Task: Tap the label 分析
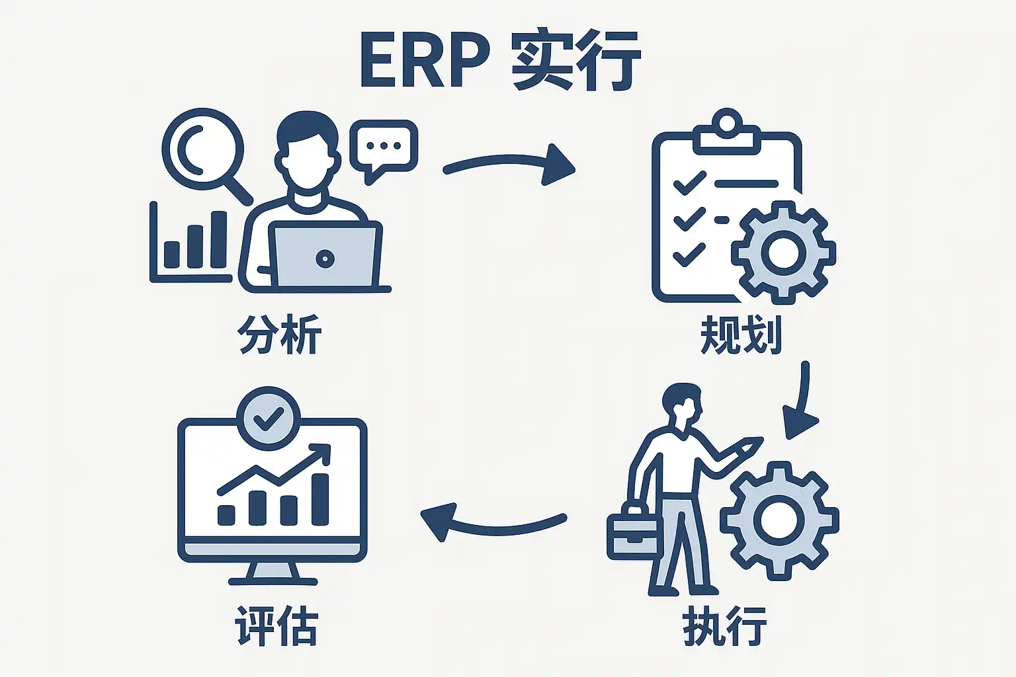[x=279, y=335]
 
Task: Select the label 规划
[x=741, y=335]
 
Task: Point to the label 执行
[x=725, y=625]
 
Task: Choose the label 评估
[x=276, y=625]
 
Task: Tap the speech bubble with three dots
[x=384, y=147]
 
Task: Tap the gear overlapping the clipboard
[x=783, y=252]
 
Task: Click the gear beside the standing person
[x=779, y=520]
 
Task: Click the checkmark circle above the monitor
[x=269, y=418]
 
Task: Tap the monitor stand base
[x=273, y=580]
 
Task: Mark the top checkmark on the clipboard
[x=689, y=182]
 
